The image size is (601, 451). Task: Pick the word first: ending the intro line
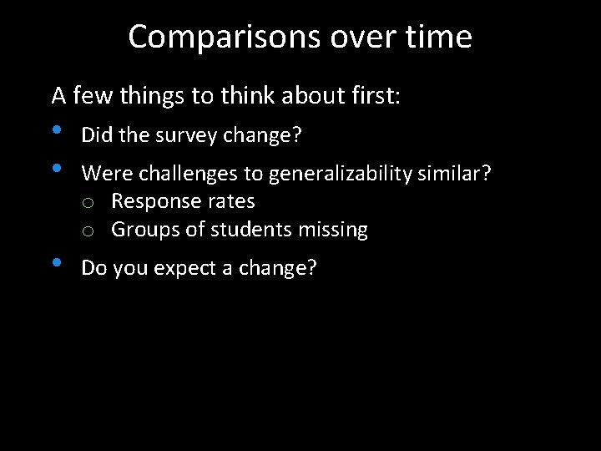click(374, 96)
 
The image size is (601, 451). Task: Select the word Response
click(153, 202)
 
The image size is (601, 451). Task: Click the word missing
click(336, 230)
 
